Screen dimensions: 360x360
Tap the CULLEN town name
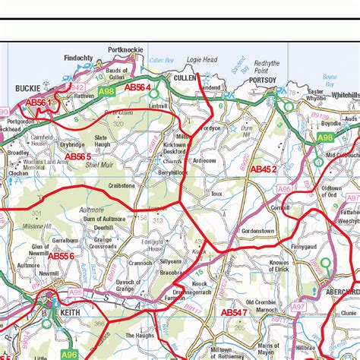(185, 77)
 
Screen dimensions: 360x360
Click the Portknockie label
(125, 49)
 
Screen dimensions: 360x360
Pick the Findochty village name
(78, 58)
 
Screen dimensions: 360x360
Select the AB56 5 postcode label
(78, 156)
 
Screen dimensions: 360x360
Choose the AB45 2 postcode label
(264, 169)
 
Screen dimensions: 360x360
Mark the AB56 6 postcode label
(61, 256)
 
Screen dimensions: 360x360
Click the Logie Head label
(202, 59)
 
